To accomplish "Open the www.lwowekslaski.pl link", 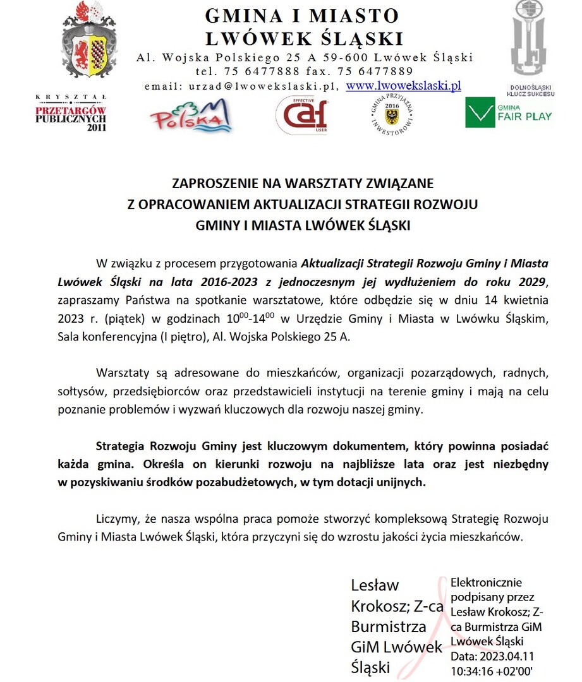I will pos(404,85).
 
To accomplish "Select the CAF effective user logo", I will pos(301,115).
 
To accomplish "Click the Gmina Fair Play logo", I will pos(508,112).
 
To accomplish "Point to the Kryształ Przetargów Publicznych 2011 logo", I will pos(71,114).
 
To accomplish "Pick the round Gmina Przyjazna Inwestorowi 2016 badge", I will pos(391,116).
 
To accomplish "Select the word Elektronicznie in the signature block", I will pos(486,582).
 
